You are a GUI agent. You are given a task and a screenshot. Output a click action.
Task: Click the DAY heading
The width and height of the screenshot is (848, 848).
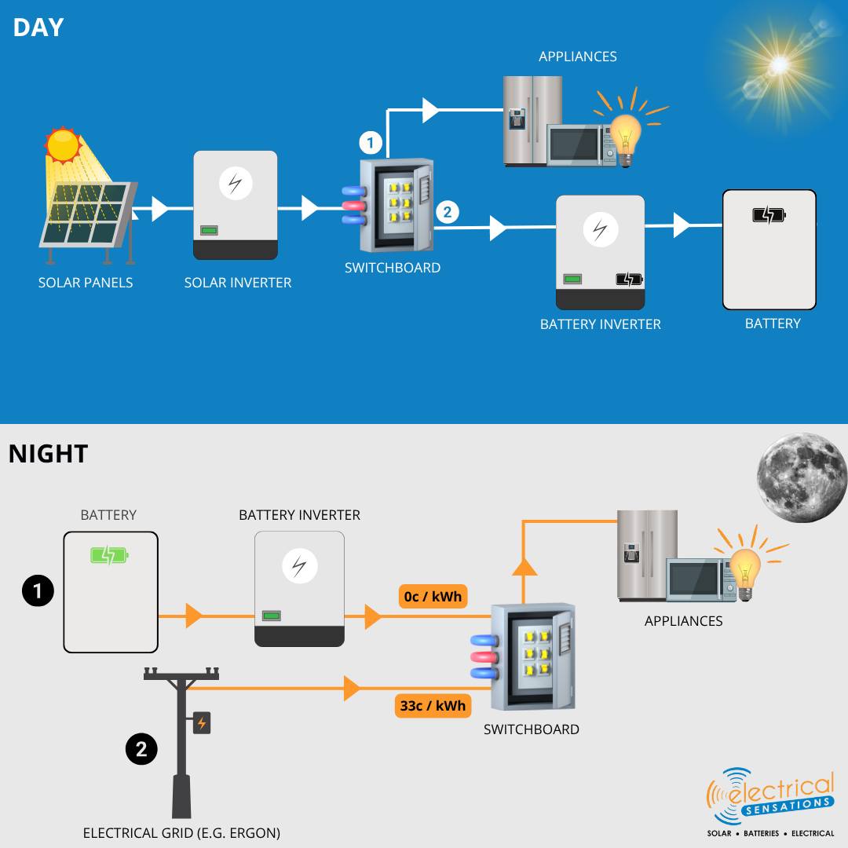(38, 27)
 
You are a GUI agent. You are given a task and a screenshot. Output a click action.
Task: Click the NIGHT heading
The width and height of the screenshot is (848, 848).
(48, 454)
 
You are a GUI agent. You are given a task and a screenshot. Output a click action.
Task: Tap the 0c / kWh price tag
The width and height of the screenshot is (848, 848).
(433, 597)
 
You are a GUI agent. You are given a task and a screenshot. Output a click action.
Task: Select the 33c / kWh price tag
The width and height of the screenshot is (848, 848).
(433, 706)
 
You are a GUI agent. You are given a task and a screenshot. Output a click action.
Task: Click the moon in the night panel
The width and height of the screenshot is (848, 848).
(801, 477)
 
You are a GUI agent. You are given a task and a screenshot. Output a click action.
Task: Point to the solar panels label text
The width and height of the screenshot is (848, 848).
(86, 283)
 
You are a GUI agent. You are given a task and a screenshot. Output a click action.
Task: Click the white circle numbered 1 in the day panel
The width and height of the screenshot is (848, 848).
(371, 144)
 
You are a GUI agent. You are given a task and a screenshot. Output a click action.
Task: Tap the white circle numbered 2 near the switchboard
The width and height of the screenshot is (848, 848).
(447, 212)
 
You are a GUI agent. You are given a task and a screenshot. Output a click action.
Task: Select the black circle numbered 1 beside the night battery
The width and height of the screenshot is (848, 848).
(38, 591)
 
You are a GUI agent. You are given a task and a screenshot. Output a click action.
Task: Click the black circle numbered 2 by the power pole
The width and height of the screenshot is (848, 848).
(141, 749)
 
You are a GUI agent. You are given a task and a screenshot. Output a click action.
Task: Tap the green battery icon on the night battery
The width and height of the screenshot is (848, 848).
(109, 556)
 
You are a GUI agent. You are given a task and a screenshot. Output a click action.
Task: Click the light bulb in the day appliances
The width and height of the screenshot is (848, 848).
(625, 135)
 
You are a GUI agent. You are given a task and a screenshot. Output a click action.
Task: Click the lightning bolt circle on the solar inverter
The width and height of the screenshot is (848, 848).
(235, 183)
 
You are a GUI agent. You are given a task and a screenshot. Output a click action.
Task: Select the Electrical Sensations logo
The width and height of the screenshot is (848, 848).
(770, 801)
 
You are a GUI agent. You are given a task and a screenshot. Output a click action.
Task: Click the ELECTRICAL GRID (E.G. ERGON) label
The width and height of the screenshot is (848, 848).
(181, 833)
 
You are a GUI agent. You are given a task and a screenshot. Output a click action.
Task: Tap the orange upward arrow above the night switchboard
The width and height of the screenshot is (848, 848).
(525, 567)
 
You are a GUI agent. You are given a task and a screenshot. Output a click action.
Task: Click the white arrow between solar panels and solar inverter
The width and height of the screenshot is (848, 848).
(160, 209)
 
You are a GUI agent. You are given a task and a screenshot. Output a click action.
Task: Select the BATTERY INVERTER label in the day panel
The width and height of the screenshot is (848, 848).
(600, 324)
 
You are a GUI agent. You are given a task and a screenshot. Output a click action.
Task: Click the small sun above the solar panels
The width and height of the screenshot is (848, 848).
(63, 145)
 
